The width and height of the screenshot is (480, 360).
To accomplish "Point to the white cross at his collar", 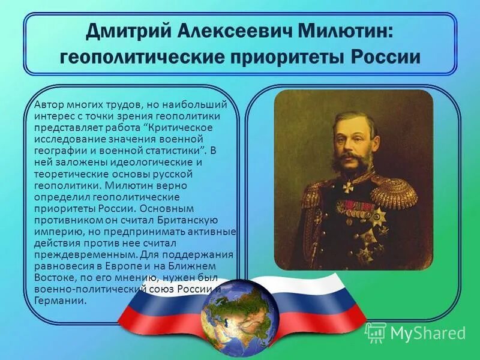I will (x=349, y=187).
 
